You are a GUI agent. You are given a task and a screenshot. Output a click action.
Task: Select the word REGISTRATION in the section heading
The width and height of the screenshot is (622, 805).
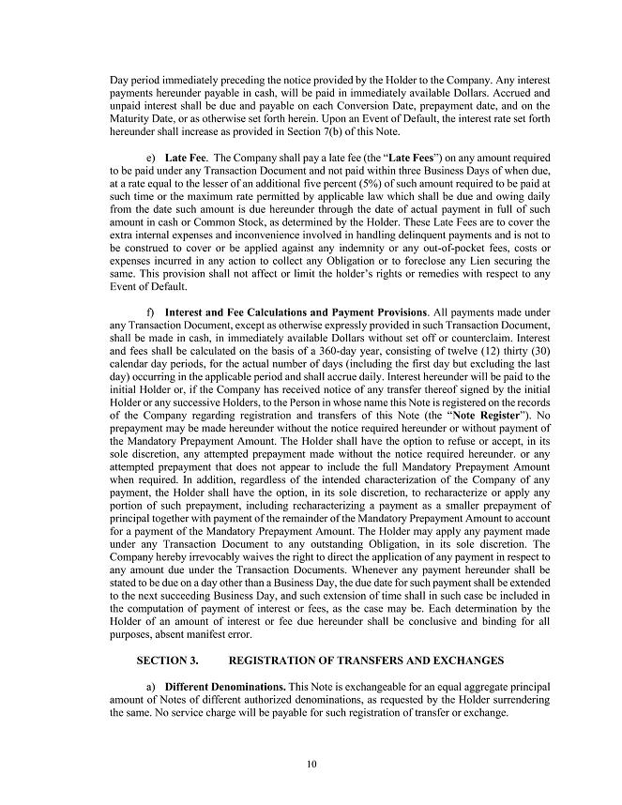269,661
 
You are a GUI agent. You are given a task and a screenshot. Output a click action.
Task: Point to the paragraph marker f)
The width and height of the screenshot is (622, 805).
150,311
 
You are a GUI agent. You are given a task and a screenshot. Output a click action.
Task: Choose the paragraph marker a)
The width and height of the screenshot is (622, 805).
151,688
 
